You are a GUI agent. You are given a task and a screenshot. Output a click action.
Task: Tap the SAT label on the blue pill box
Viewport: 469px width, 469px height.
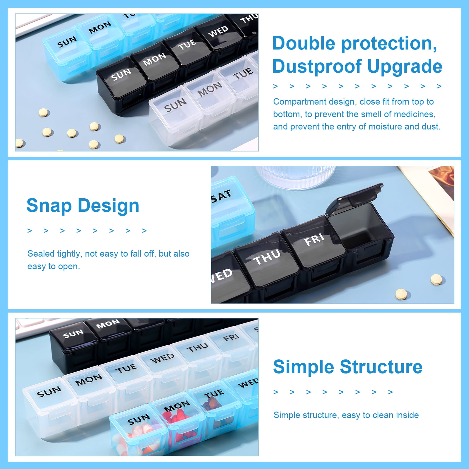(x=221, y=195)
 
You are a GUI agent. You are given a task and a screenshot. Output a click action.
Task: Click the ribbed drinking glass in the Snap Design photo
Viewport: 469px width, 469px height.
(x=296, y=177)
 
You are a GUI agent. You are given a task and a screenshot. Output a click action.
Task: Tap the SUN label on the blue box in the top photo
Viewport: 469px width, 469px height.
(x=67, y=42)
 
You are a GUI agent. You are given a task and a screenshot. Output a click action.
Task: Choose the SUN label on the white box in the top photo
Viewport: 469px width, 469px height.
(x=175, y=105)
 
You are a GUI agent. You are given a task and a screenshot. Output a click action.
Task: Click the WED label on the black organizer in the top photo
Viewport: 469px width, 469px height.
(x=218, y=31)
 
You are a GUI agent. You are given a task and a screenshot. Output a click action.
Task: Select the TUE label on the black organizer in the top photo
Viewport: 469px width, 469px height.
(x=187, y=44)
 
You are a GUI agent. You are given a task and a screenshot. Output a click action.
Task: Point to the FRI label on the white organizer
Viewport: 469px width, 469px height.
(x=231, y=337)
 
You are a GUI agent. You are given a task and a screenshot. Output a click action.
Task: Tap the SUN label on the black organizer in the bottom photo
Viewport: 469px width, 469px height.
(x=73, y=334)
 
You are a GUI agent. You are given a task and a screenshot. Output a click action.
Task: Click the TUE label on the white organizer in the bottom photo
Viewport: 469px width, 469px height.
(x=126, y=369)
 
